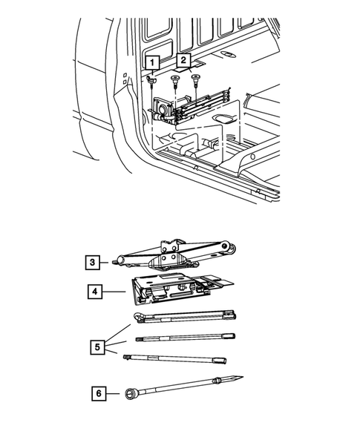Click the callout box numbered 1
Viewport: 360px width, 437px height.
[x=152, y=62]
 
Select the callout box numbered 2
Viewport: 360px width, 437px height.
[x=183, y=60]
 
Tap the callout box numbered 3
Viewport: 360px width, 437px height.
[x=92, y=262]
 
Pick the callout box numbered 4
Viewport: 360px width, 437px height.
[x=95, y=292]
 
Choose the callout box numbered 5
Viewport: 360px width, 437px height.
[x=97, y=347]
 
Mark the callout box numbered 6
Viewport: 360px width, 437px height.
[x=99, y=393]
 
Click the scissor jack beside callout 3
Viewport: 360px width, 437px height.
[x=174, y=255]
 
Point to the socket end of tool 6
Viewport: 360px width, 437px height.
[x=130, y=394]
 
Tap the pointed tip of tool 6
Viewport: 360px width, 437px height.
[x=242, y=377]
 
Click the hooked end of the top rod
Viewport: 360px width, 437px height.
[x=138, y=317]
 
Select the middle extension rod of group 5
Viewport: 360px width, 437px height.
[x=186, y=338]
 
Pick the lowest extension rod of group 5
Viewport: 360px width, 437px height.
[x=175, y=359]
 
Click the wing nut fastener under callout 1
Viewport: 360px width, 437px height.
[x=151, y=81]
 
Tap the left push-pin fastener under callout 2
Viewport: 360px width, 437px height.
[x=175, y=81]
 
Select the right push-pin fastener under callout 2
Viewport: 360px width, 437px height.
[x=196, y=79]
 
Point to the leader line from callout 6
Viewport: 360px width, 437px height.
[x=113, y=393]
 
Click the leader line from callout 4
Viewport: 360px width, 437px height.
[x=114, y=292]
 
